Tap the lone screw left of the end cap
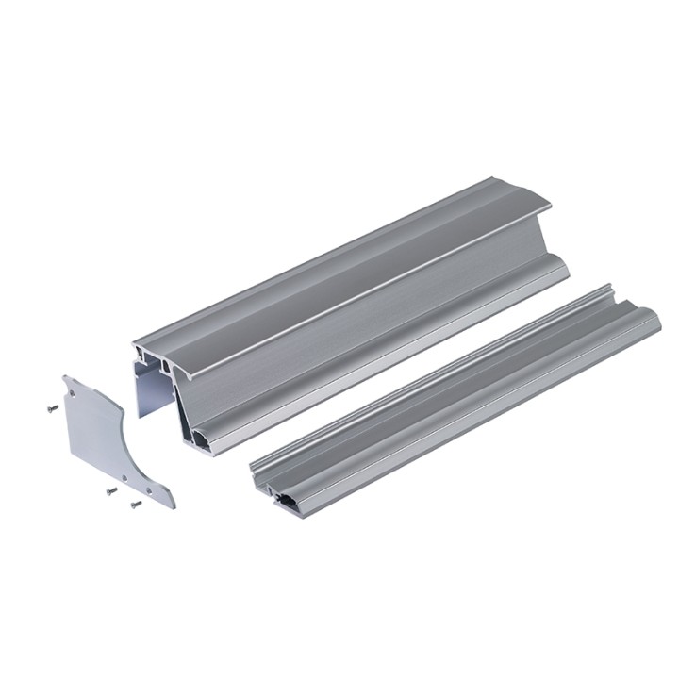tap(52, 408)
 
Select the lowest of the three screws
tap(135, 505)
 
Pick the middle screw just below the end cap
tap(110, 491)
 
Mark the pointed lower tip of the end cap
tap(173, 505)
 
